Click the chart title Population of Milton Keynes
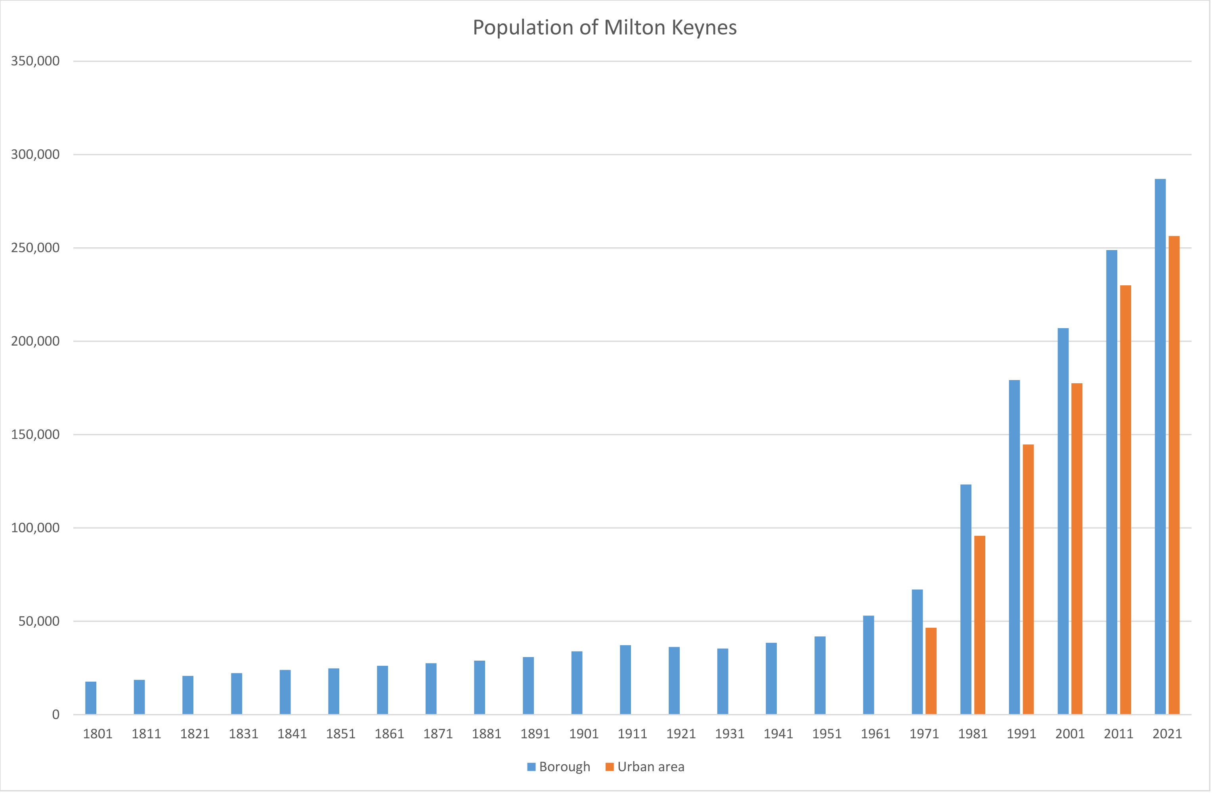[604, 27]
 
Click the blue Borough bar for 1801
[91, 698]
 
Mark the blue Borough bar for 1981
[965, 600]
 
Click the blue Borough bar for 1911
[625, 680]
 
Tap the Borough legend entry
[559, 767]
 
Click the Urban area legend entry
[645, 767]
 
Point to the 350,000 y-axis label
[35, 61]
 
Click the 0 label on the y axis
[55, 715]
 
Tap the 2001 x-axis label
[1070, 734]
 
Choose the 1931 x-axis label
[729, 734]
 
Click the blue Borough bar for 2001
[1063, 522]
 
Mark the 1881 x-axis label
[486, 734]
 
